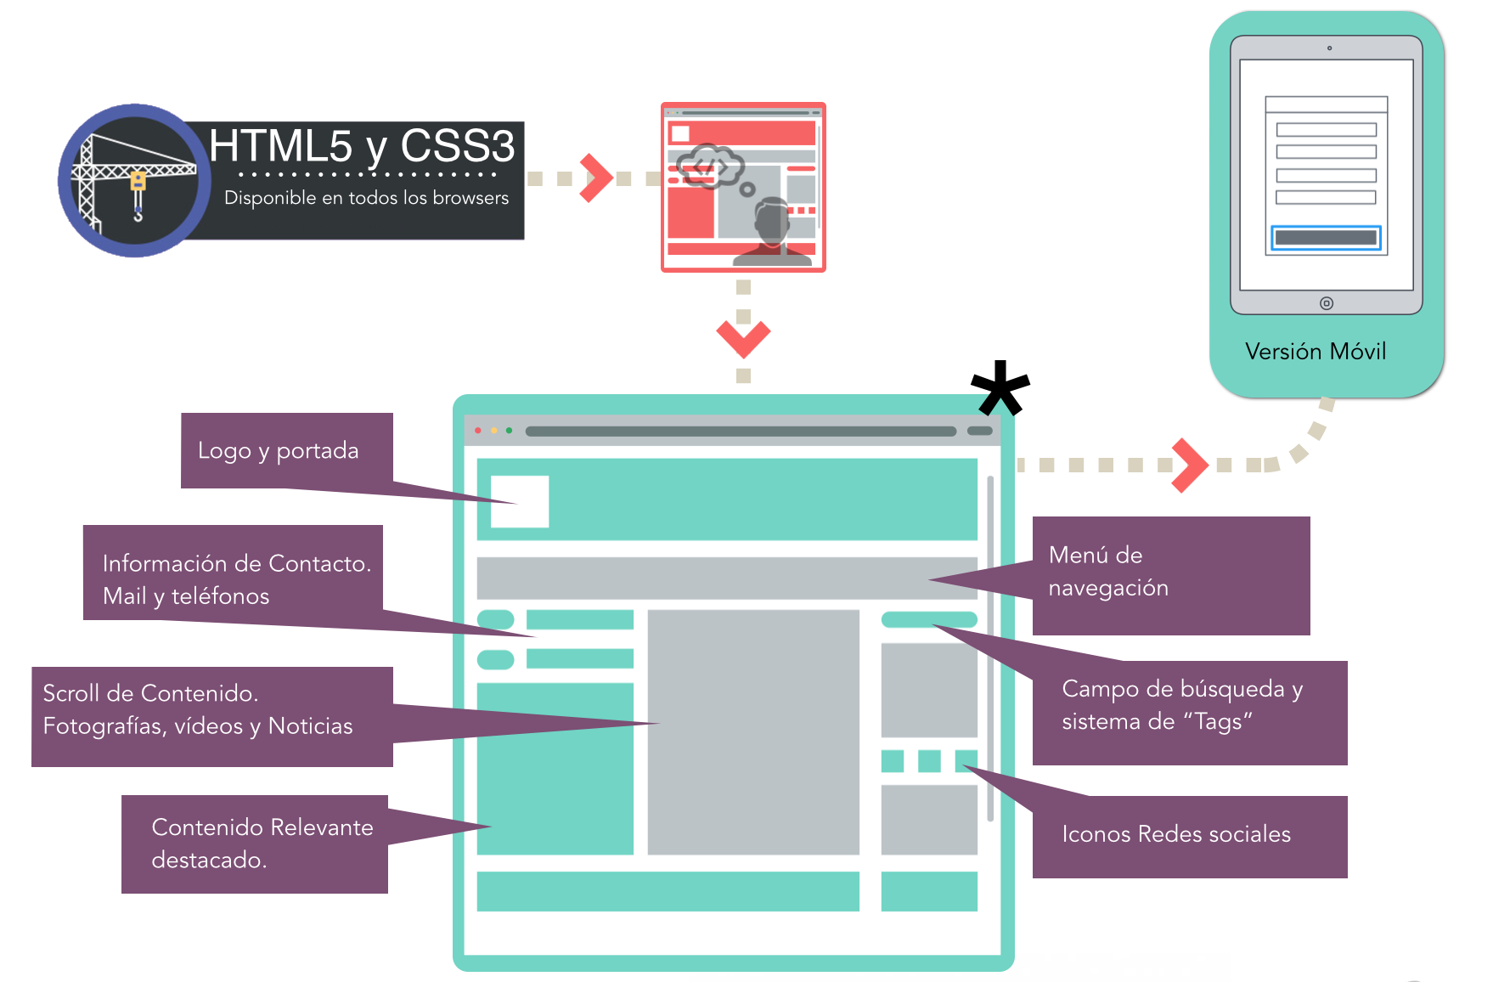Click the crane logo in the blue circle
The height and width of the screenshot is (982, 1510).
click(134, 181)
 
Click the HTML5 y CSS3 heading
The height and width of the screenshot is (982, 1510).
click(362, 146)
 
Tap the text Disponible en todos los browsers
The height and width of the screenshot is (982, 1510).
click(366, 198)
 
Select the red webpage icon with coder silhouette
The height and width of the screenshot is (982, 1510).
click(743, 187)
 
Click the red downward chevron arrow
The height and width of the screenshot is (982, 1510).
click(743, 337)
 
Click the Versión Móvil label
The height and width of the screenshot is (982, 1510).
click(1315, 351)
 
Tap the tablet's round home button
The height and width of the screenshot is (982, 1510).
click(1326, 303)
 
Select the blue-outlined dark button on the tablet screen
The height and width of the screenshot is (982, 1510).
click(1326, 238)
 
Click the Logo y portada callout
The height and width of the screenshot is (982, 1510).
click(279, 450)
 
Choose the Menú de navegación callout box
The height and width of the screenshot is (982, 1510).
click(1170, 574)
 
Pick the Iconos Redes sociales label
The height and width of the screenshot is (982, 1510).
click(1176, 834)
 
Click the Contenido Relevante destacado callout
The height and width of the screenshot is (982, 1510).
click(262, 844)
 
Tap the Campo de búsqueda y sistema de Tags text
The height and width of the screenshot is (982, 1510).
click(1182, 705)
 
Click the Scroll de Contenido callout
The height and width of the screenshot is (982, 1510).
click(198, 710)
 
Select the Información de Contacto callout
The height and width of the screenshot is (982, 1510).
click(236, 579)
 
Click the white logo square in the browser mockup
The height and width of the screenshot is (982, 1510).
click(520, 501)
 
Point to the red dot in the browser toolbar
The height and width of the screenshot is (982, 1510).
click(478, 431)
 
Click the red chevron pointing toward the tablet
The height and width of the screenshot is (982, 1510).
click(1189, 465)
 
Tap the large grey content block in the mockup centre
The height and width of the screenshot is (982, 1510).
click(752, 731)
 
